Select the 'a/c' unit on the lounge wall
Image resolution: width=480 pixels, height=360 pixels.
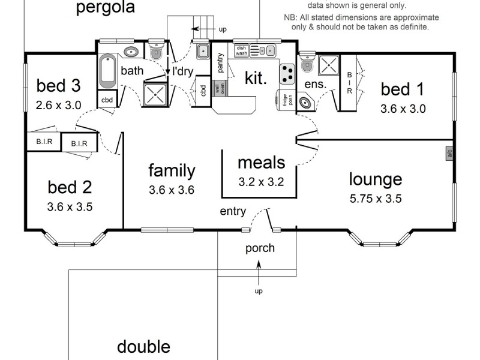pyautogui.click(x=449, y=154)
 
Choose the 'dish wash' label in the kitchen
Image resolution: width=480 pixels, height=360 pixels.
pyautogui.click(x=241, y=50)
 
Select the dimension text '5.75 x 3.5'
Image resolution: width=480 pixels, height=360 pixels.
pyautogui.click(x=376, y=199)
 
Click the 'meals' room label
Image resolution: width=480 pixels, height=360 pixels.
pyautogui.click(x=261, y=162)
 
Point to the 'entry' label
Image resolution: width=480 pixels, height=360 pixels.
pyautogui.click(x=233, y=211)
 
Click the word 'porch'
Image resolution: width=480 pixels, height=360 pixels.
pyautogui.click(x=260, y=248)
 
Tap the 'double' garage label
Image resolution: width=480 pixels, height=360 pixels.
pyautogui.click(x=143, y=346)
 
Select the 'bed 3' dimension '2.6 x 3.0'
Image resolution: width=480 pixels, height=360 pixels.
pyautogui.click(x=58, y=105)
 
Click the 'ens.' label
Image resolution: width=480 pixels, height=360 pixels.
pyautogui.click(x=316, y=85)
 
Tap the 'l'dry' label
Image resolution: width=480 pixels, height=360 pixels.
pyautogui.click(x=182, y=71)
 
